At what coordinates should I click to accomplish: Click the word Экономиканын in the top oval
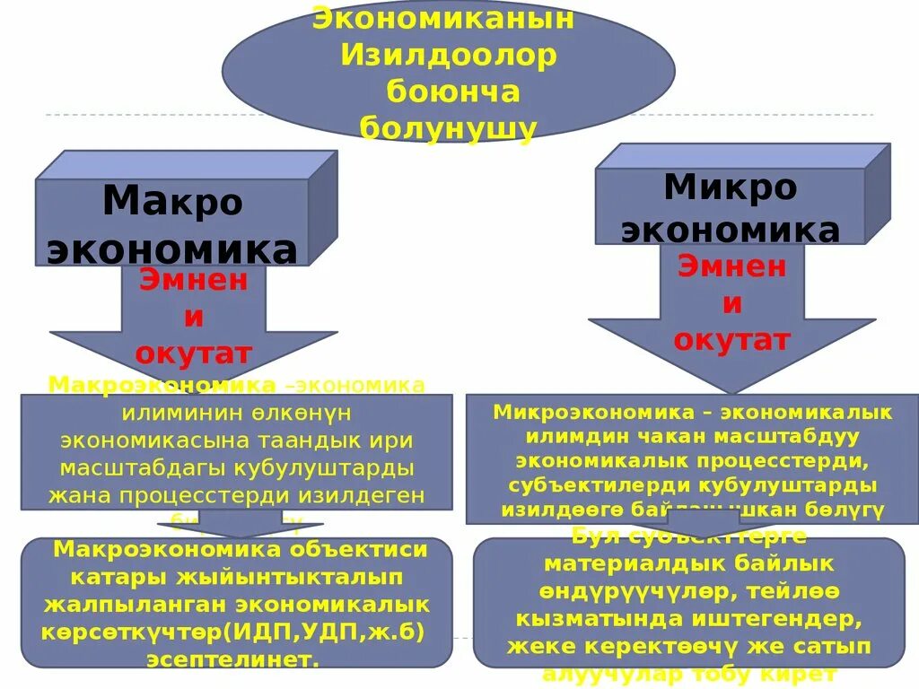pyautogui.click(x=443, y=18)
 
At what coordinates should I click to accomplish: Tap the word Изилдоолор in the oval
pyautogui.click(x=448, y=55)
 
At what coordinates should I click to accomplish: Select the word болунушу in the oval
pyautogui.click(x=448, y=128)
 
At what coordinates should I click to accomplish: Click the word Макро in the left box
pyautogui.click(x=172, y=202)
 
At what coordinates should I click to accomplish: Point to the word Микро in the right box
pyautogui.click(x=730, y=188)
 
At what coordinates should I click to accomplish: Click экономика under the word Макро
pyautogui.click(x=171, y=249)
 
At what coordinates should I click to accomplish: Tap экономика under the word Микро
pyautogui.click(x=730, y=230)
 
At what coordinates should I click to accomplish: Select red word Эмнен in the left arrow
pyautogui.click(x=193, y=280)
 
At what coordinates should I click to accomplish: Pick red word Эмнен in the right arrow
pyautogui.click(x=731, y=266)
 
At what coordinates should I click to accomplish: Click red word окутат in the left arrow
pyautogui.click(x=193, y=353)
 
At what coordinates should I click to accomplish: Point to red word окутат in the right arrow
pyautogui.click(x=731, y=340)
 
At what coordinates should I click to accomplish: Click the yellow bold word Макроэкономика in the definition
pyautogui.click(x=162, y=385)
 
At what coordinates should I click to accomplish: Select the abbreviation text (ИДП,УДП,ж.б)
pyautogui.click(x=328, y=632)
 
